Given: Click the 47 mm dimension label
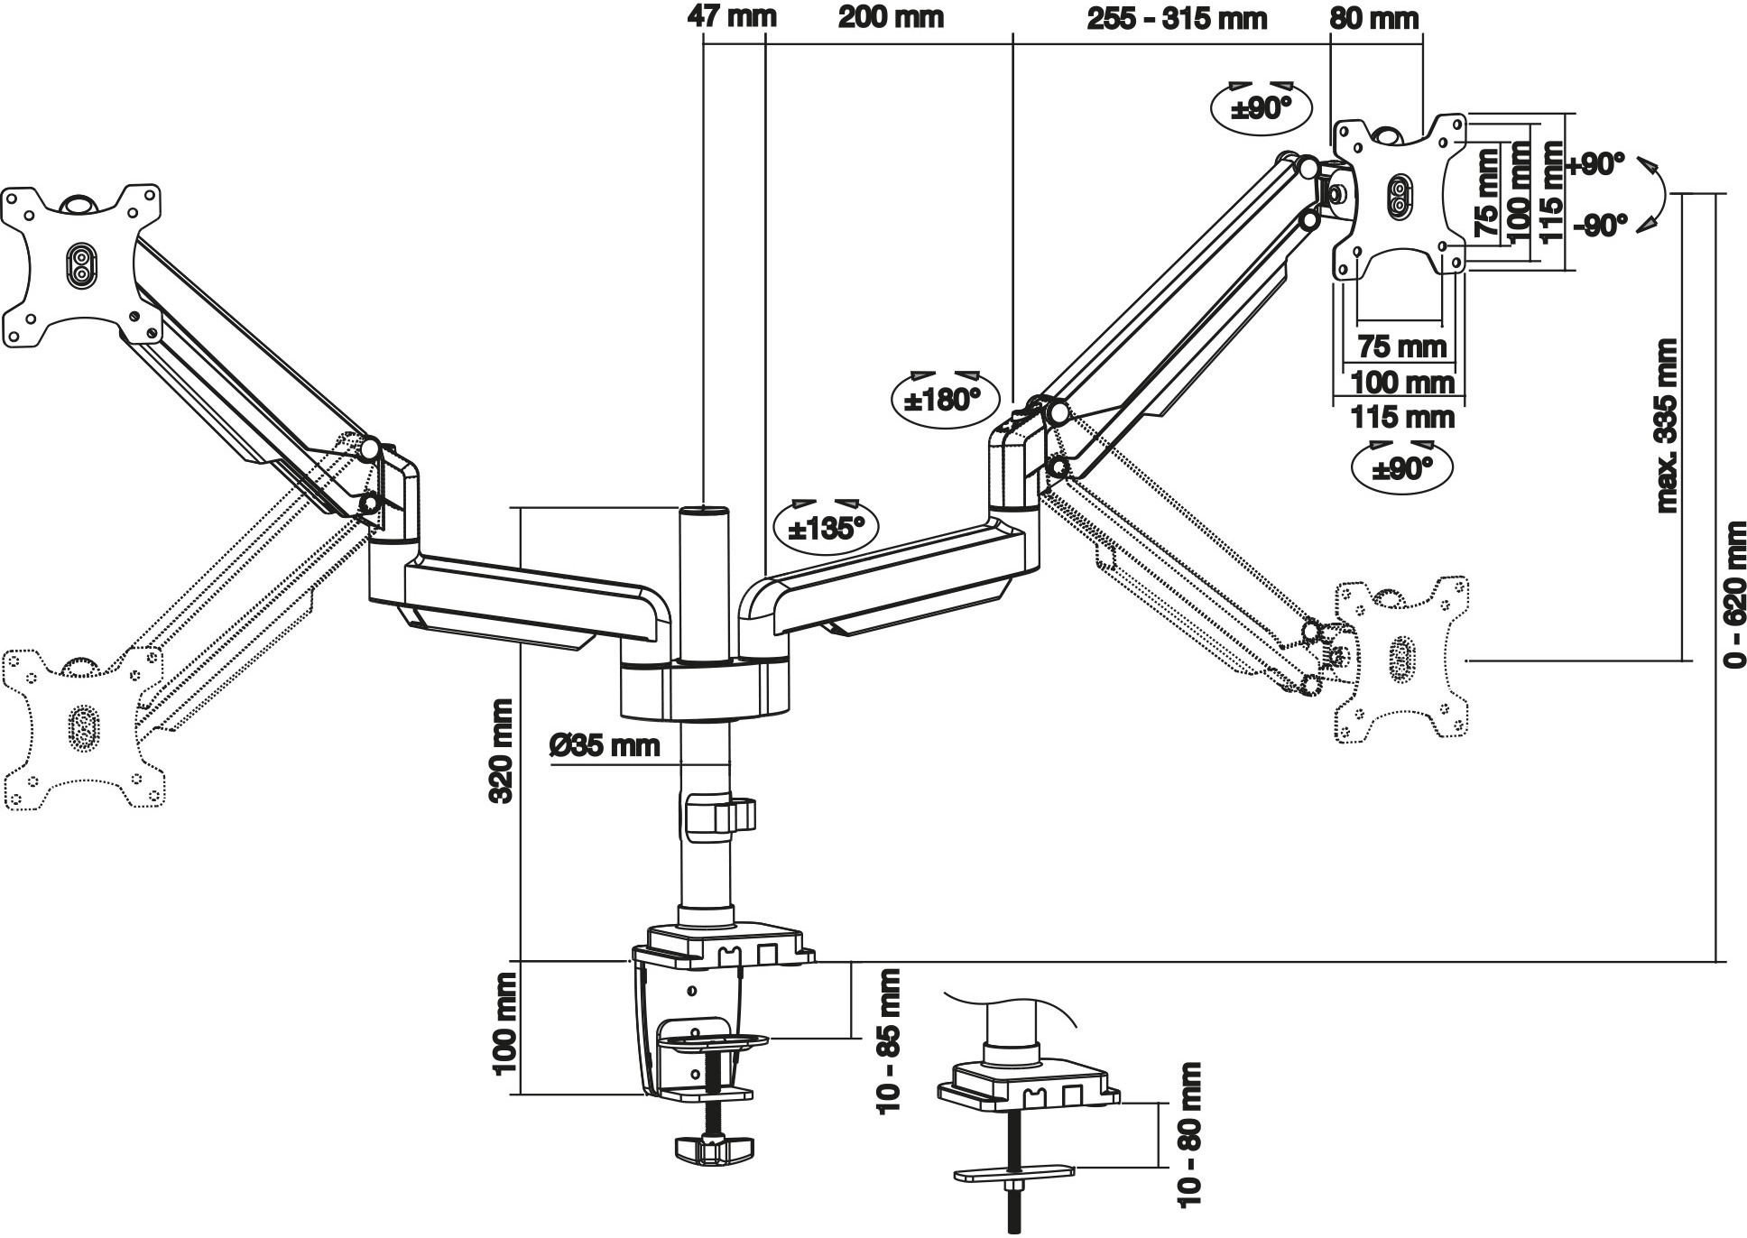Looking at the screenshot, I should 731,16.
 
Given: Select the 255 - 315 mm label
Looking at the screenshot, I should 1176,18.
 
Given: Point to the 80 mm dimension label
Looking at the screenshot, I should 1373,18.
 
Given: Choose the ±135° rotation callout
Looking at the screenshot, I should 826,527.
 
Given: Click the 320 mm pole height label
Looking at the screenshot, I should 503,751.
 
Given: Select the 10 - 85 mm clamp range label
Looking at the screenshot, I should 889,1041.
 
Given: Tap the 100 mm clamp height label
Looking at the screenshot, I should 504,1023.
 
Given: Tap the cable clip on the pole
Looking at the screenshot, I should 719,814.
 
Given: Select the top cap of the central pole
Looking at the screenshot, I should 704,513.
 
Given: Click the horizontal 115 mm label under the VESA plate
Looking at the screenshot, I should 1402,417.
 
